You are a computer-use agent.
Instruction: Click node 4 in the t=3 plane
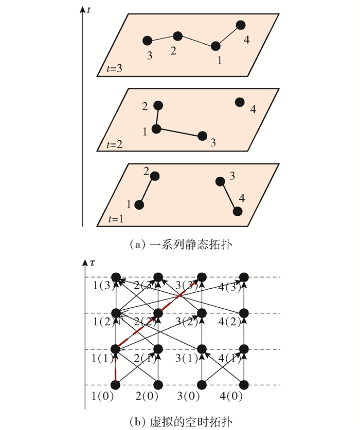(241, 25)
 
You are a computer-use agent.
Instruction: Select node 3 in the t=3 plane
(147, 41)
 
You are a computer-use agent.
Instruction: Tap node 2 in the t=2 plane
(158, 105)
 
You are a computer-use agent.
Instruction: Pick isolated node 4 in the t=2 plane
(240, 102)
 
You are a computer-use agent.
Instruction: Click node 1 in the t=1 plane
(139, 204)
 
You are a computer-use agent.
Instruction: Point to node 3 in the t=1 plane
(220, 181)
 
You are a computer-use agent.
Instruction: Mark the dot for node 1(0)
(116, 385)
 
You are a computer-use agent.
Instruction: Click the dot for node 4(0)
(245, 385)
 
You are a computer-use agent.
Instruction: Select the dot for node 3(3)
(202, 277)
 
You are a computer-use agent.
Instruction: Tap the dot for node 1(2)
(116, 313)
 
